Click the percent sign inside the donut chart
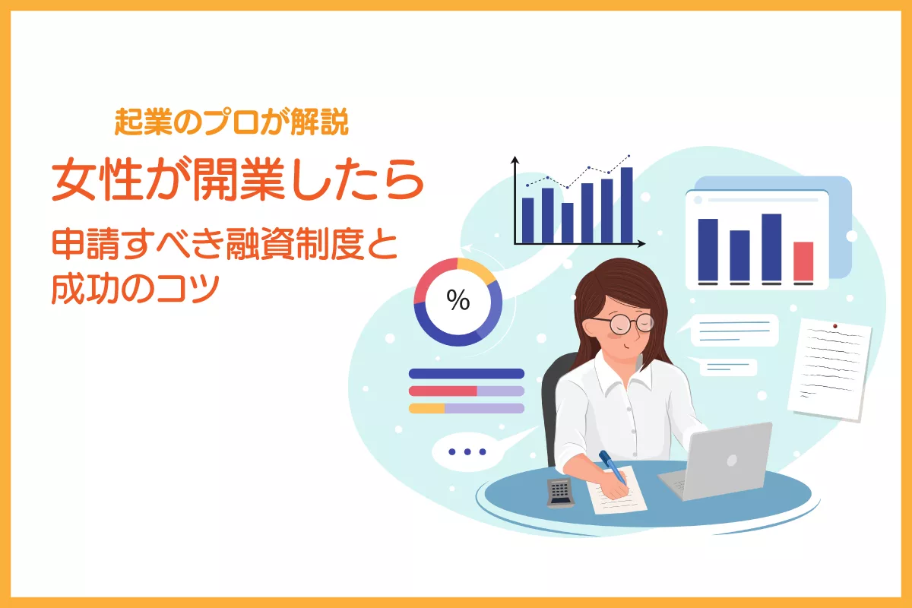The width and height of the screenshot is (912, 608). click(458, 300)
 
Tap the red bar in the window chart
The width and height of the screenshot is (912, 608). click(803, 261)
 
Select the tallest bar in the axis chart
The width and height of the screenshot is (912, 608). click(626, 205)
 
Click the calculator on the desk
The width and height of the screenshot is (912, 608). click(560, 493)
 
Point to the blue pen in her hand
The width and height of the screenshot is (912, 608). click(612, 467)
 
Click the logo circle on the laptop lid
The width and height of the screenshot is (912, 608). click(732, 461)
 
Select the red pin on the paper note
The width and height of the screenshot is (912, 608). click(835, 326)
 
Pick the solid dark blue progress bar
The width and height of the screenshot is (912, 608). click(466, 373)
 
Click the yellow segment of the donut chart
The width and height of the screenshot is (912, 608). click(477, 269)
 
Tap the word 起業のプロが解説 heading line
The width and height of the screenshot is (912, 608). click(231, 122)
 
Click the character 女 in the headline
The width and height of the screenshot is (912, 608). click(74, 179)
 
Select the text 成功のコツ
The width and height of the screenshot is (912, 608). click(135, 289)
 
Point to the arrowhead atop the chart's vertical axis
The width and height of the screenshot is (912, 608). click(515, 160)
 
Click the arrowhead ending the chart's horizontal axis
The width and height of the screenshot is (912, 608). click(641, 243)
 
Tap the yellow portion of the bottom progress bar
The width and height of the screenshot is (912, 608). click(426, 408)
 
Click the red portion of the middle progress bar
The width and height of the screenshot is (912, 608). click(443, 391)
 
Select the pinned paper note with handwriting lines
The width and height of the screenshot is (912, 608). click(830, 369)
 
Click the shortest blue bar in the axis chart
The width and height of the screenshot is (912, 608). click(567, 223)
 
